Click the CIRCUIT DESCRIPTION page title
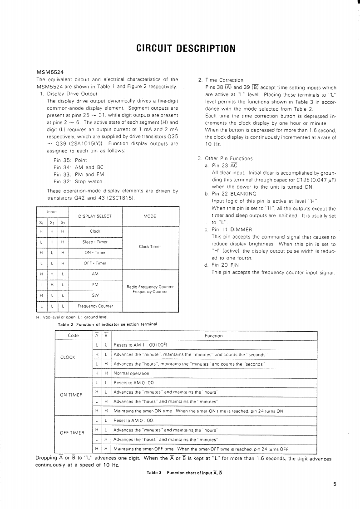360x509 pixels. point(180,48)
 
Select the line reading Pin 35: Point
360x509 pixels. point(70,160)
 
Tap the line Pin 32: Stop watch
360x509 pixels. point(78,181)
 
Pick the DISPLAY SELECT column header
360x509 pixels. point(95,216)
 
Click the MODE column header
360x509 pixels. point(150,216)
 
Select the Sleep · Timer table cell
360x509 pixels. point(95,242)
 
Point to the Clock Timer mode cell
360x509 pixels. point(150,247)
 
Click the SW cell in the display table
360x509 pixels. point(95,295)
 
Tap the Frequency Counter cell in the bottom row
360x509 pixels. point(95,306)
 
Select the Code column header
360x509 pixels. point(73,336)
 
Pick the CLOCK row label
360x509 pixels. point(68,357)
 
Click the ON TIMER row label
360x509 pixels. point(70,394)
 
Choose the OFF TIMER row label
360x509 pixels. point(72,432)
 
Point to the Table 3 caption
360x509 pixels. point(184,473)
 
